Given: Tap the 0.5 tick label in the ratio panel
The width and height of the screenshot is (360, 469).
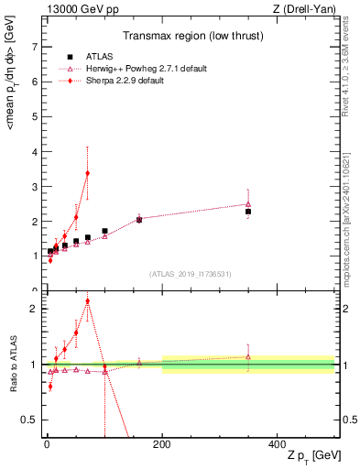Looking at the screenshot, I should [x=29, y=420].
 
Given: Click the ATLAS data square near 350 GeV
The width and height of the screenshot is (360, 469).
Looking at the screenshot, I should [x=248, y=212].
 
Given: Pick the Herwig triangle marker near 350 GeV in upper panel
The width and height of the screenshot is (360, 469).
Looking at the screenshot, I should [x=248, y=204].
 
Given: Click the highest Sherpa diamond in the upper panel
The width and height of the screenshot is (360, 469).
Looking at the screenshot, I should [x=87, y=173].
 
